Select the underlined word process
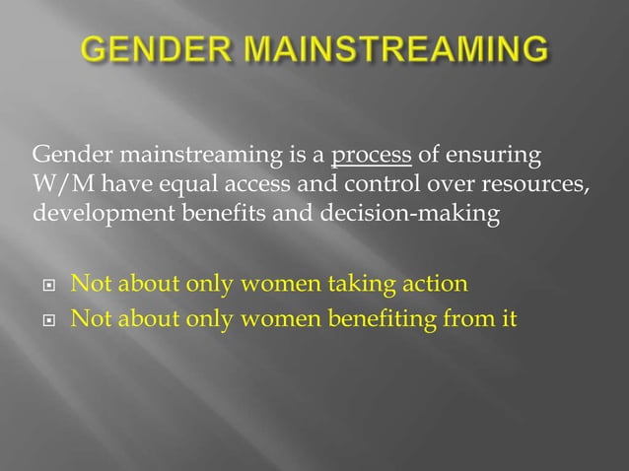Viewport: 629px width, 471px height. coord(372,156)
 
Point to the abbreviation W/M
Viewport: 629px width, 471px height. coord(61,184)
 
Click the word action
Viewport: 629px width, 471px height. coord(431,285)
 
